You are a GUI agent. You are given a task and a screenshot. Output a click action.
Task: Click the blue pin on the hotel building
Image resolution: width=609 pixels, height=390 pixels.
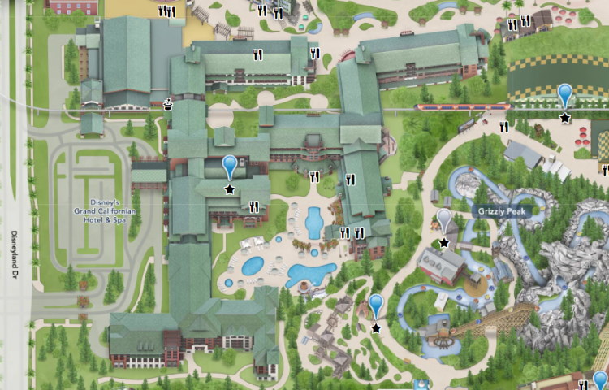230,167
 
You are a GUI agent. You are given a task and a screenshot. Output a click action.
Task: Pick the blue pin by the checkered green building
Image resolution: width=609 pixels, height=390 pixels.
565,95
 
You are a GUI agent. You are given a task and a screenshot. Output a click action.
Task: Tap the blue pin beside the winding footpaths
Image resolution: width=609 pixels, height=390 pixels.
375,305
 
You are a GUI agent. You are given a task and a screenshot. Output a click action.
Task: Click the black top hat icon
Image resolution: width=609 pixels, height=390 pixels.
168,103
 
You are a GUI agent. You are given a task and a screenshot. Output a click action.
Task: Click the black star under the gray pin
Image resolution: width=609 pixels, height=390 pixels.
443,243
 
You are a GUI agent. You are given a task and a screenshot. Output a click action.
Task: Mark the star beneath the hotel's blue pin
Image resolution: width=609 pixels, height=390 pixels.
230,189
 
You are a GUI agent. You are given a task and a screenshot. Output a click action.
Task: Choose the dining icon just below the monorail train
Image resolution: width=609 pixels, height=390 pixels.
503,127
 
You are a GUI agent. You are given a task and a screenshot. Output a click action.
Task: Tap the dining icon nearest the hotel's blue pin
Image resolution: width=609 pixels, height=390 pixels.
254,207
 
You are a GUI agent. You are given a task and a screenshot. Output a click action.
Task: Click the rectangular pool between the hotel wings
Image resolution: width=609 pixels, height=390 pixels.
314,223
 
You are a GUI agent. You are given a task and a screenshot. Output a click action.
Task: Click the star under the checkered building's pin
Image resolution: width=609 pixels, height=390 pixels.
565,118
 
